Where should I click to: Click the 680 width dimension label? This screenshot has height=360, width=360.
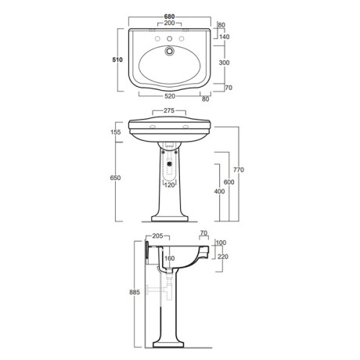tap(169, 16)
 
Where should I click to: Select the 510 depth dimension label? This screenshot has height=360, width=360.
tap(117, 59)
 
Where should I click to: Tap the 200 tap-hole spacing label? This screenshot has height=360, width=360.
tap(169, 23)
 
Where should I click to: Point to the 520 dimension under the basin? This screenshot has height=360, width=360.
tap(170, 96)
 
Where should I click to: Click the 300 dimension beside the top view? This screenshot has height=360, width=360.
tap(225, 63)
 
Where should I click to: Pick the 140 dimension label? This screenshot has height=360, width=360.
tap(225, 37)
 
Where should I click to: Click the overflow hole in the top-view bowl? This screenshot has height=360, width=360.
tap(169, 51)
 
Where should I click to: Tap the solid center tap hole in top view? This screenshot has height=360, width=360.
tap(170, 39)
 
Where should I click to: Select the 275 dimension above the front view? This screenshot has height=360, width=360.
tap(169, 110)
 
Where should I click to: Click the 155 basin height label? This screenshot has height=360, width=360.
tap(116, 132)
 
